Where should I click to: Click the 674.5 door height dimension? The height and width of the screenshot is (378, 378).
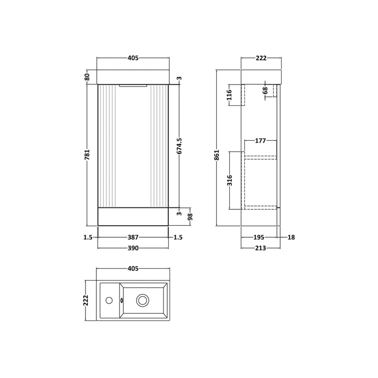(179, 146)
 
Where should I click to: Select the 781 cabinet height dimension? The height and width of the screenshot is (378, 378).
(87, 155)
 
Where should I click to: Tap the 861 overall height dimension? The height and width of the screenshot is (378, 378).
(217, 155)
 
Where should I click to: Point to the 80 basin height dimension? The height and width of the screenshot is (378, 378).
(87, 77)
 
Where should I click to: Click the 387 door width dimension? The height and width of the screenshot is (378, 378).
(133, 238)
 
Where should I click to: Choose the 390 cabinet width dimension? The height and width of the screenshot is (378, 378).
(133, 248)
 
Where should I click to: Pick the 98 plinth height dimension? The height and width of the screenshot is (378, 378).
(190, 217)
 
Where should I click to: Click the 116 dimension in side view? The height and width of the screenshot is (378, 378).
(229, 95)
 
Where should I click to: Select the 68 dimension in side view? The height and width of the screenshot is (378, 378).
(265, 91)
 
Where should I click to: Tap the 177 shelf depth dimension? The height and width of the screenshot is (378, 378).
(260, 140)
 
